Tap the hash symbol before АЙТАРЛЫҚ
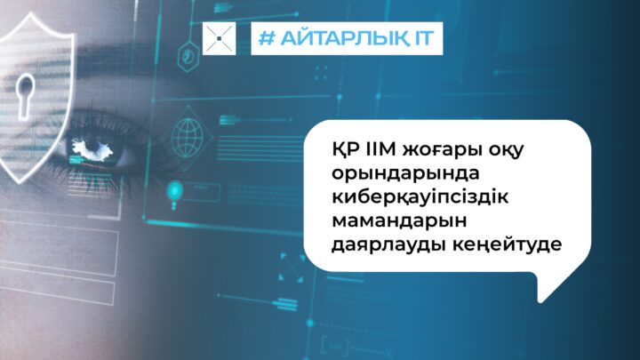(267, 38)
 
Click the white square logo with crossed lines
(220, 38)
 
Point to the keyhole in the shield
(25, 95)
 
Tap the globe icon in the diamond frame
(188, 138)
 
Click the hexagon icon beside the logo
(188, 56)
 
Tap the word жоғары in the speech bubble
(441, 151)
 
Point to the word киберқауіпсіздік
(420, 197)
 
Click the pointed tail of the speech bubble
(540, 301)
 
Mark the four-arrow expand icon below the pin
(292, 268)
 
